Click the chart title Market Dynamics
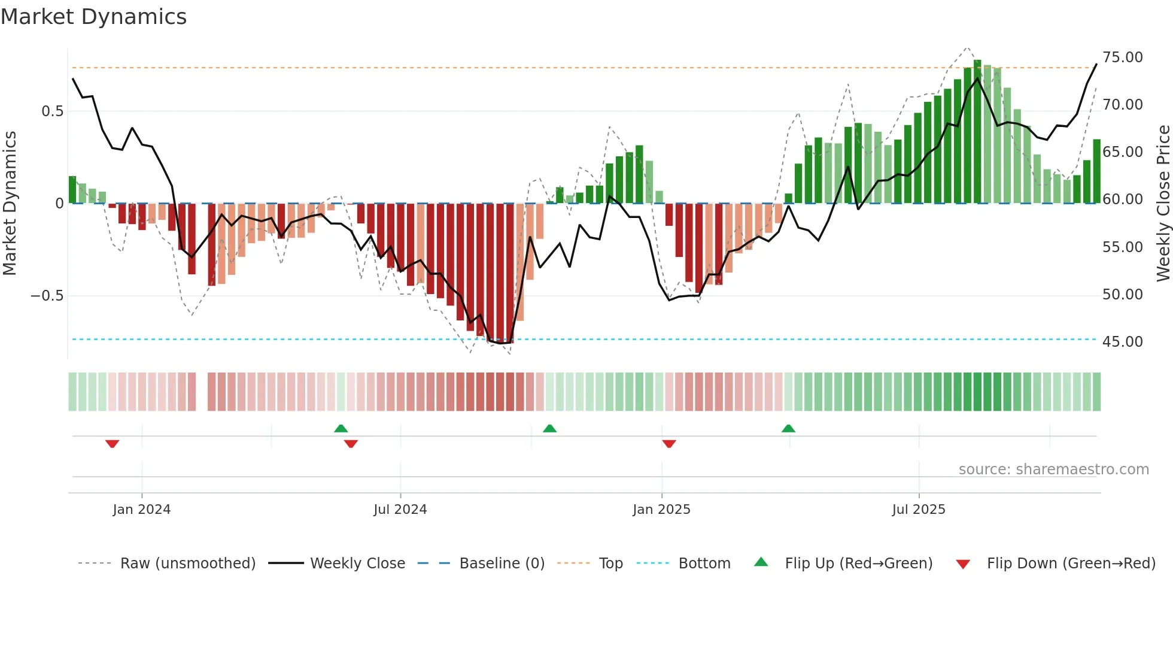(x=93, y=17)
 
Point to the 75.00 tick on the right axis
(x=1122, y=57)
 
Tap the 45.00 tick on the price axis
(x=1122, y=342)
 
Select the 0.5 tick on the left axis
(x=52, y=111)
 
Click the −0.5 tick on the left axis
(x=47, y=296)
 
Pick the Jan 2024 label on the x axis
(x=141, y=510)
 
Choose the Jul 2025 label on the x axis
(x=918, y=510)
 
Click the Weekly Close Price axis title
(x=1163, y=203)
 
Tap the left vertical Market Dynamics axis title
(x=10, y=203)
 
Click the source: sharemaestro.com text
(x=1053, y=470)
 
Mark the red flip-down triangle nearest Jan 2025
(x=669, y=444)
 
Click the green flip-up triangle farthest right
(x=788, y=428)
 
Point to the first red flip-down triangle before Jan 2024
(x=112, y=444)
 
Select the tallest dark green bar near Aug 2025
(x=977, y=132)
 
